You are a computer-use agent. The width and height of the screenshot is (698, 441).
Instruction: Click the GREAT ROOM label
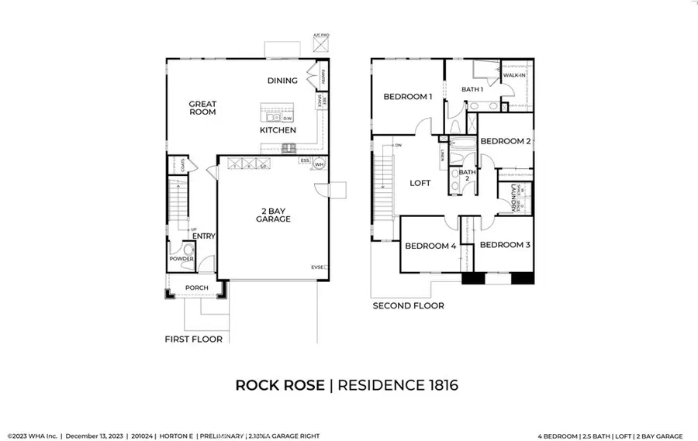click(202, 108)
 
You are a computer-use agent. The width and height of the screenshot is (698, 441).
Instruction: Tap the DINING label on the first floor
click(282, 81)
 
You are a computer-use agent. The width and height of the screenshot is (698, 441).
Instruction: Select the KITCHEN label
click(278, 130)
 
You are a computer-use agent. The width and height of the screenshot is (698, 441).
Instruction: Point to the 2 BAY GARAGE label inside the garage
click(274, 214)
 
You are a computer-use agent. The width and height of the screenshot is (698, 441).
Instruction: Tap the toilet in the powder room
click(186, 250)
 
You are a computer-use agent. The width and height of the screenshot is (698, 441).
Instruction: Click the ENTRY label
click(203, 236)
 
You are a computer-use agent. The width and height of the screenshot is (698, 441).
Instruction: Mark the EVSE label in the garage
click(318, 267)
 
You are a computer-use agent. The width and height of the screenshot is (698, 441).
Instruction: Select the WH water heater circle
click(318, 164)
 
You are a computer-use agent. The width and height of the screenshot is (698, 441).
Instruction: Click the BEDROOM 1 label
click(407, 97)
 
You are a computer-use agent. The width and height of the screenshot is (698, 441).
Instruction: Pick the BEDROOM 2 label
click(505, 141)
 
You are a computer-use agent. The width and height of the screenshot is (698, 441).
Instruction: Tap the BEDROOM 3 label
click(504, 245)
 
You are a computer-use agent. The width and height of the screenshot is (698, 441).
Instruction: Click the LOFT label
click(420, 184)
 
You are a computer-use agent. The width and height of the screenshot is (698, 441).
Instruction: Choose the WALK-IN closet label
click(517, 75)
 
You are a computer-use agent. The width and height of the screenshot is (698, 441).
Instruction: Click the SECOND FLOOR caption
click(408, 306)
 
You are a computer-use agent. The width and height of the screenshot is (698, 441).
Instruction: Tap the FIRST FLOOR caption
click(193, 339)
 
